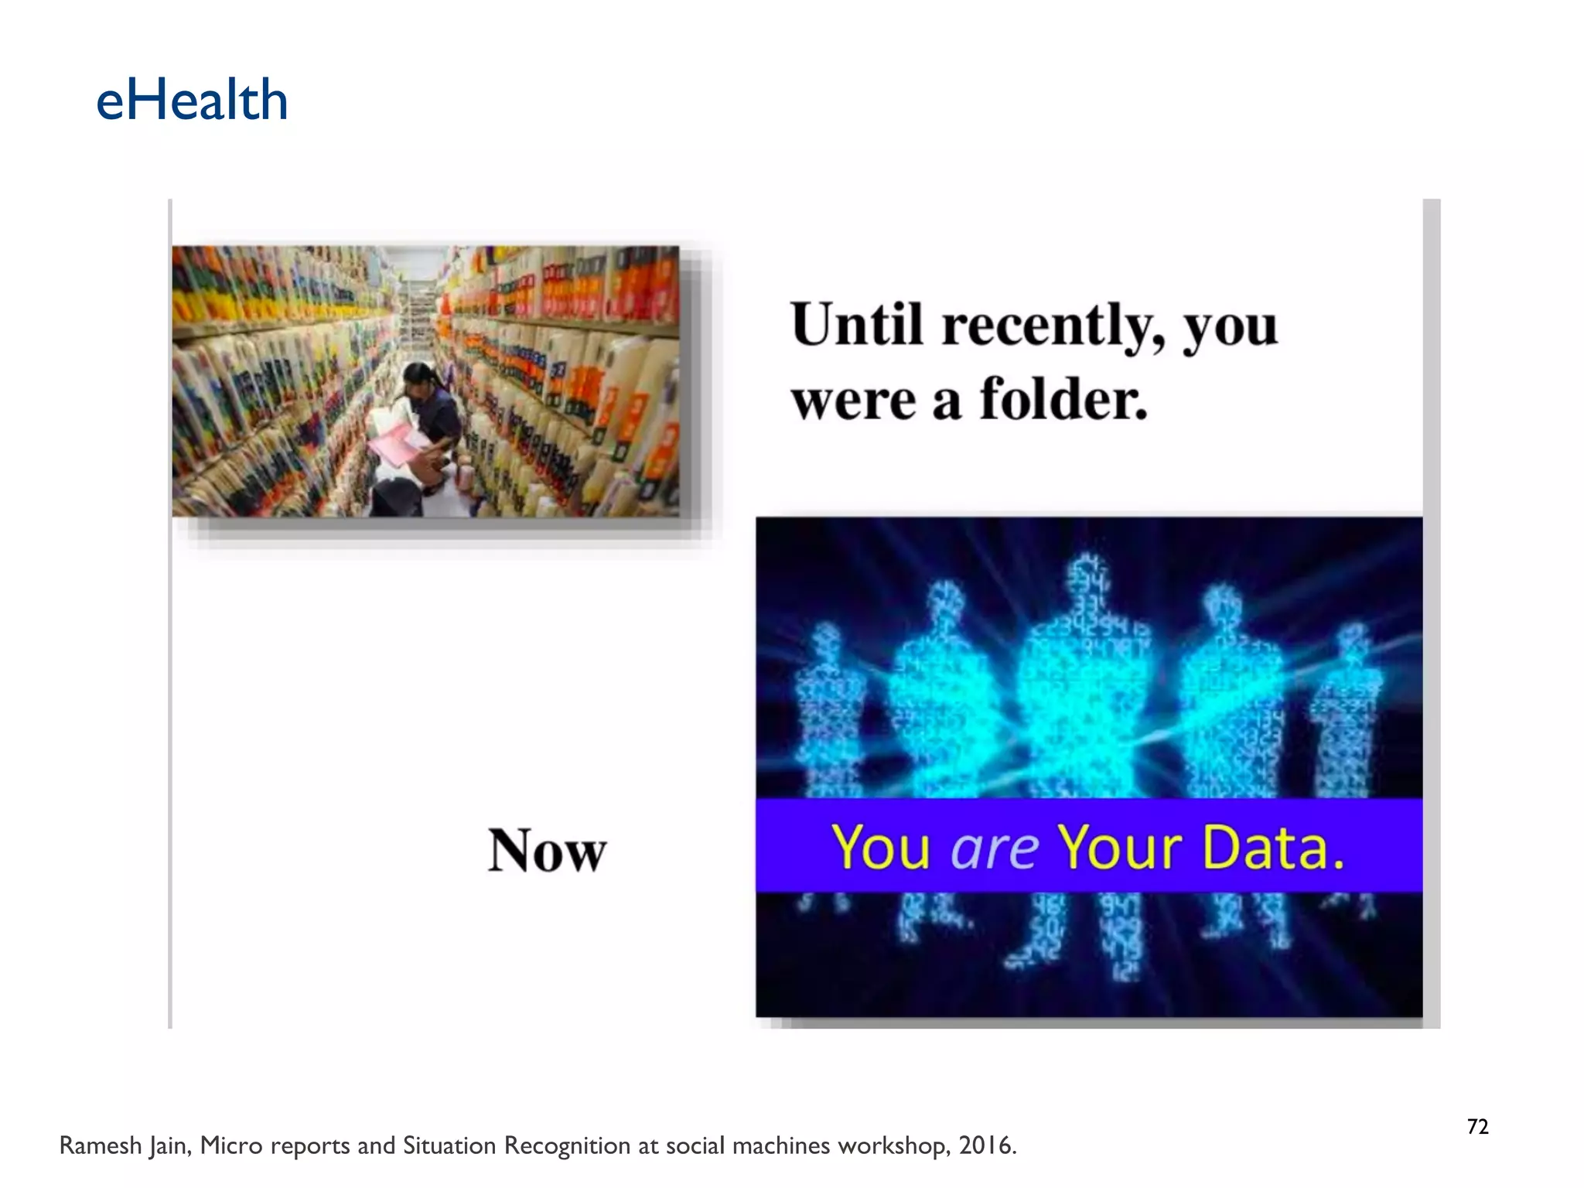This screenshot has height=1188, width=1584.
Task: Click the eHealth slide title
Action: (x=192, y=101)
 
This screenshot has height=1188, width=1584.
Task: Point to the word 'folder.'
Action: (x=1063, y=400)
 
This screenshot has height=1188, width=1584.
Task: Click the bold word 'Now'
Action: (x=547, y=850)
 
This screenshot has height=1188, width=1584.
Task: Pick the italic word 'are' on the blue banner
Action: (x=994, y=848)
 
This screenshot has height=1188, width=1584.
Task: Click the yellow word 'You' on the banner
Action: (x=880, y=848)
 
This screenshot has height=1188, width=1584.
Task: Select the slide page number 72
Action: (x=1477, y=1127)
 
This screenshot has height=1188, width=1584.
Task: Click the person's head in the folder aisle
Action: (x=420, y=378)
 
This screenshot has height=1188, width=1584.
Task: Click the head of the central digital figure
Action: (x=1087, y=576)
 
